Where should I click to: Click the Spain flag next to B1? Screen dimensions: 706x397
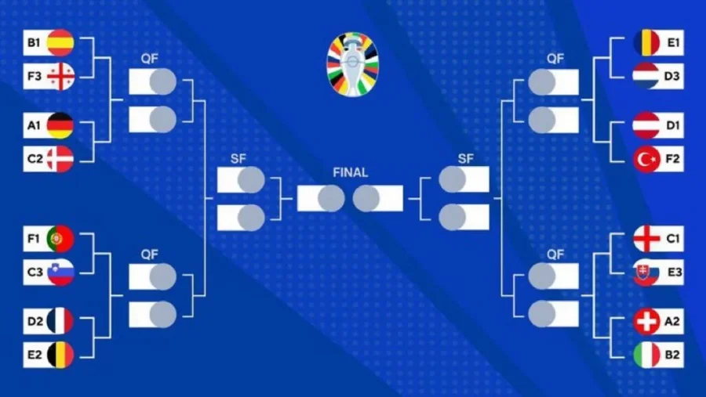point(60,43)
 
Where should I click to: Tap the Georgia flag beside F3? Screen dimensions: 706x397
point(60,77)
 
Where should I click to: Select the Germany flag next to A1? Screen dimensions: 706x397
point(60,125)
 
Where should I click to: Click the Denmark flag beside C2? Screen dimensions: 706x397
point(60,159)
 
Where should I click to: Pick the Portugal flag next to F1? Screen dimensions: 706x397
point(60,238)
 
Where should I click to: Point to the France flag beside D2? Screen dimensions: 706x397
point(60,321)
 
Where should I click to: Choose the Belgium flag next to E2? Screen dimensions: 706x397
point(60,355)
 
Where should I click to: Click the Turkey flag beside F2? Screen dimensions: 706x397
point(646,159)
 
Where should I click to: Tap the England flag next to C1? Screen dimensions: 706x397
point(646,238)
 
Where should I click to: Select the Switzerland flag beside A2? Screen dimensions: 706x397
point(646,321)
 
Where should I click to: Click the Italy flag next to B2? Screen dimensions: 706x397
point(646,355)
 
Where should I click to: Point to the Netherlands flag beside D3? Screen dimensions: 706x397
point(646,77)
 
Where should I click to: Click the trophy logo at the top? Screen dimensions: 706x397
point(352,64)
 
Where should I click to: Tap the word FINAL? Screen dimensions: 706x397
point(351,172)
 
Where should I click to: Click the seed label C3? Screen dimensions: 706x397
point(35,272)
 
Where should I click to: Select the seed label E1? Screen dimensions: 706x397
point(673,43)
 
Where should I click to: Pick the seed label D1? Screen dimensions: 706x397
point(673,125)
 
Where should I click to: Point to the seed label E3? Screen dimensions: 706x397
point(675,272)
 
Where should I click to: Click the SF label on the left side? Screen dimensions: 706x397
point(238,159)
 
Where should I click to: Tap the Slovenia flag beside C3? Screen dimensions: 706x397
point(60,272)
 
